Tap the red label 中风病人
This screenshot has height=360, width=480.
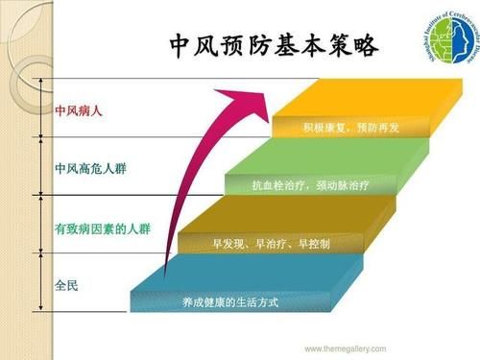[79, 111]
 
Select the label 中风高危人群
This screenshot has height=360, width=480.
[91, 169]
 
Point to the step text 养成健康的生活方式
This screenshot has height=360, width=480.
[229, 302]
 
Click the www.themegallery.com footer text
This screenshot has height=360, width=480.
[345, 348]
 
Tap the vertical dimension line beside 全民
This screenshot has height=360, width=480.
[40, 282]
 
